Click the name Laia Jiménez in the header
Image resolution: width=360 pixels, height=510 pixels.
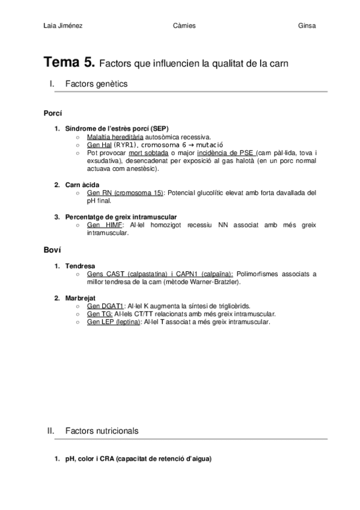tap(63, 25)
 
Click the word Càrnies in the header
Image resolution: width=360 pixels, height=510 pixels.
tap(183, 25)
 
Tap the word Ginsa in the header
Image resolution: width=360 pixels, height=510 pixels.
tap(307, 25)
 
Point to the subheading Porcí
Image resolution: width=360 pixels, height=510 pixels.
tap(53, 113)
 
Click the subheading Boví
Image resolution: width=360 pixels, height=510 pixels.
tap(52, 250)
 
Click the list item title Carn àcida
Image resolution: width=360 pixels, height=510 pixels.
tap(82, 185)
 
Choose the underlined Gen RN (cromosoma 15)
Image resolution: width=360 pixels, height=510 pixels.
tap(125, 193)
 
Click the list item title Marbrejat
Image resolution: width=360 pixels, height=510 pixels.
tap(81, 298)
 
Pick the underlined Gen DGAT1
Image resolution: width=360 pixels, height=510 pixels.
tap(105, 306)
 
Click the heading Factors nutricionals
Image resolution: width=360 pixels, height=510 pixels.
tap(102, 431)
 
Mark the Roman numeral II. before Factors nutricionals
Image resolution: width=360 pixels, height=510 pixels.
tap(51, 431)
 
